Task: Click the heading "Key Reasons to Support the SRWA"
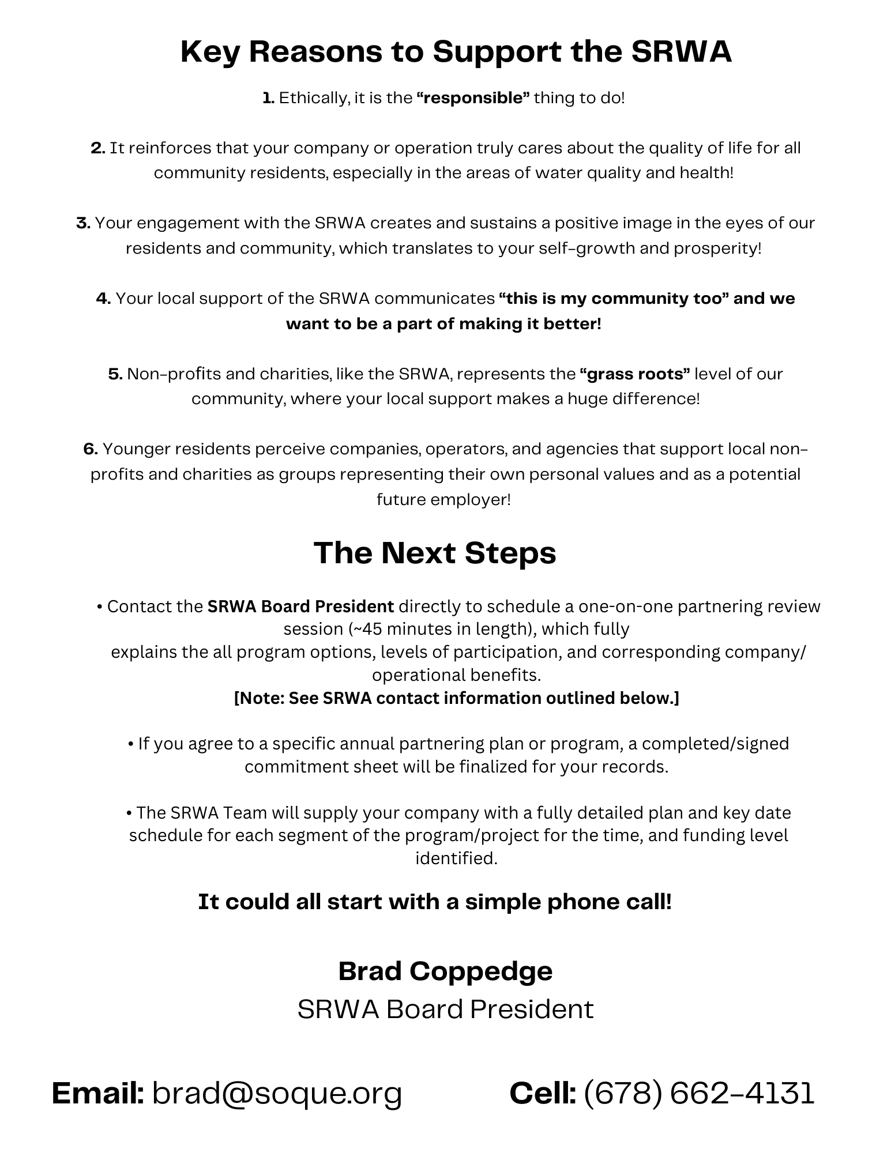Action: pos(456,52)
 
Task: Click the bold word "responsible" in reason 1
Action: pos(473,98)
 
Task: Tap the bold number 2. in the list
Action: pos(97,148)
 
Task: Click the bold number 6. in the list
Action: pos(91,449)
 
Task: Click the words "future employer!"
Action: pos(444,499)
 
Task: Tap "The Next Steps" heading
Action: pos(435,553)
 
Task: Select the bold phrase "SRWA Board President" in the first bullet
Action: pos(300,606)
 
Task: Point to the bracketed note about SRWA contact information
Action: pos(456,698)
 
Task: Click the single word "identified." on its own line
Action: pos(456,858)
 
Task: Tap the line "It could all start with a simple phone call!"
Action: pos(435,902)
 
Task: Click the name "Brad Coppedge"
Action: pos(445,971)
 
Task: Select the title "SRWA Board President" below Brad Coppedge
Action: pos(445,1009)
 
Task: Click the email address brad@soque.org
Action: pos(277,1094)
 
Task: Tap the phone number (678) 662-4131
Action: pos(699,1094)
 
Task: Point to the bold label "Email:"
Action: pos(97,1094)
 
